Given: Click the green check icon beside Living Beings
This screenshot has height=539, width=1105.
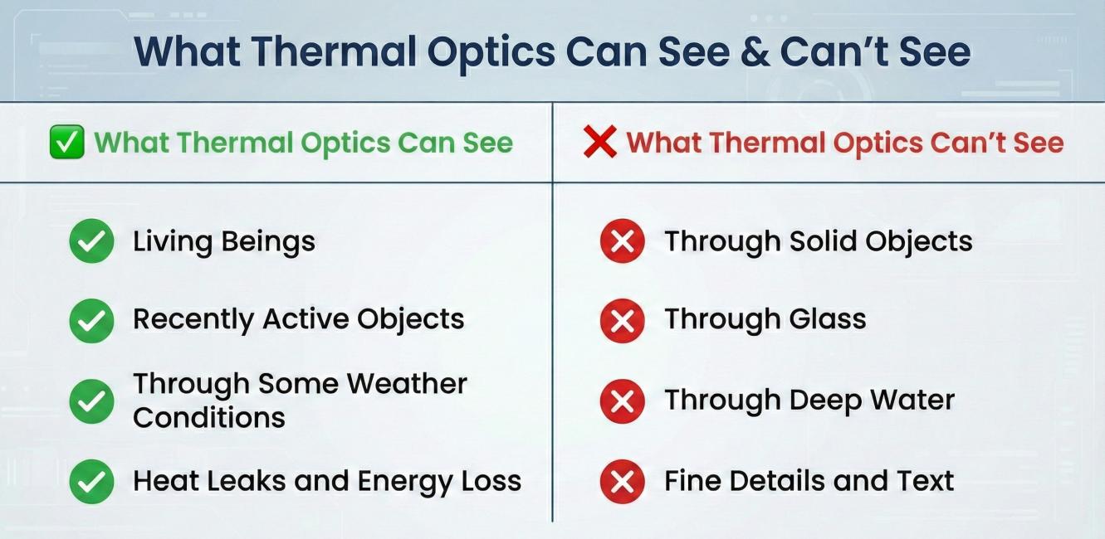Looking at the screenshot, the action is pyautogui.click(x=92, y=241).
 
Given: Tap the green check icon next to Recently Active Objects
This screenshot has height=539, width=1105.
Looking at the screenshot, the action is pyautogui.click(x=92, y=321).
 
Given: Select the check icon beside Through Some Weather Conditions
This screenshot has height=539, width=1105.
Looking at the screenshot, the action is pyautogui.click(x=92, y=401).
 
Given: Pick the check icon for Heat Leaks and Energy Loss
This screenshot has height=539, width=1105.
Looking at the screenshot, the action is pyautogui.click(x=92, y=481).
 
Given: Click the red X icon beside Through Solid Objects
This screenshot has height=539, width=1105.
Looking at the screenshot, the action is pyautogui.click(x=623, y=241).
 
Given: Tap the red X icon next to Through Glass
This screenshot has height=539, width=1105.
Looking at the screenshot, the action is pyautogui.click(x=623, y=321).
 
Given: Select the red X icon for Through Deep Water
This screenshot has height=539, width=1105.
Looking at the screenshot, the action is pyautogui.click(x=623, y=401).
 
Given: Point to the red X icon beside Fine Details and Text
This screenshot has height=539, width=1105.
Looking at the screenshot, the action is pyautogui.click(x=623, y=481).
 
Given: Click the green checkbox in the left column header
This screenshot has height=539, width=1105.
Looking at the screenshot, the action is pyautogui.click(x=67, y=142).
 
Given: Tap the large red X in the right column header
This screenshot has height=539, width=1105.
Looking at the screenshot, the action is pyautogui.click(x=600, y=142).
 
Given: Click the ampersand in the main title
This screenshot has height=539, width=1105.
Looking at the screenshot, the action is pyautogui.click(x=755, y=52).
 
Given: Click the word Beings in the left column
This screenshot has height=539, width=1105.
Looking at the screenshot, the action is pyautogui.click(x=268, y=243).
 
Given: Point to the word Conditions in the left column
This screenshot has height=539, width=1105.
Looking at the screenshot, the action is pyautogui.click(x=209, y=418).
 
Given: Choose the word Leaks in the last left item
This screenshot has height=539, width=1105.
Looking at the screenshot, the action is pyautogui.click(x=247, y=481).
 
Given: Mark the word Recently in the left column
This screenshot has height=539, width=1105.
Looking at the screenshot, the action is pyautogui.click(x=193, y=320).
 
